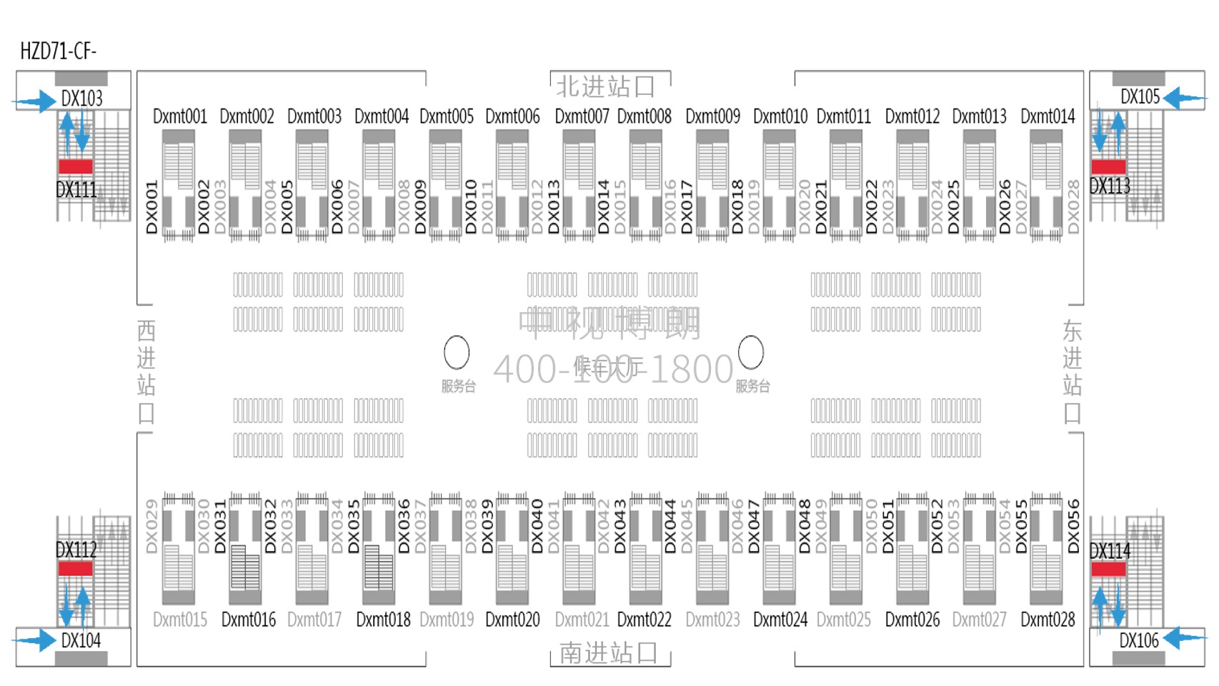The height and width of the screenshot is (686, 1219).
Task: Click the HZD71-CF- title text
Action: tap(58, 51)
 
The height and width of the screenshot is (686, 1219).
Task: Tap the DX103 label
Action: tap(81, 99)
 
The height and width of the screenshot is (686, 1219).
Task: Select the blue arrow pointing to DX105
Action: tap(1183, 97)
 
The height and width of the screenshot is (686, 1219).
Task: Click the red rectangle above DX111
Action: tap(75, 166)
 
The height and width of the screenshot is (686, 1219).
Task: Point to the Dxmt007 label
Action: tap(582, 116)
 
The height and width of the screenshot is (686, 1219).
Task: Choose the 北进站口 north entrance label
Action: tap(606, 86)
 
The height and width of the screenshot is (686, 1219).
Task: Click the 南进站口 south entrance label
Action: tap(608, 653)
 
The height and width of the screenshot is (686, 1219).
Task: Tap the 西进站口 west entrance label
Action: tap(146, 372)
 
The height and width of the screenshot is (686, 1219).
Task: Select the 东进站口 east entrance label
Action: tap(1072, 372)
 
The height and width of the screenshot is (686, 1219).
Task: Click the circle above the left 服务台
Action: tap(457, 352)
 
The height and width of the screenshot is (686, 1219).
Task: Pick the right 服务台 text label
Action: tap(753, 387)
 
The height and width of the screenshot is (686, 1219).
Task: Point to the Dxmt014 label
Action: tap(1048, 116)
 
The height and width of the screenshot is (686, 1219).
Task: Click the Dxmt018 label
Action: tap(383, 620)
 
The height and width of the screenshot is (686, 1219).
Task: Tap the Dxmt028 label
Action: tap(1048, 620)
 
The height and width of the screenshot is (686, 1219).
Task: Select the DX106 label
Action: tap(1139, 640)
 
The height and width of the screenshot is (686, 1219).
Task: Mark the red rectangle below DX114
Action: tap(1108, 569)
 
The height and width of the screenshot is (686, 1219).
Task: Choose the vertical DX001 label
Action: tap(151, 207)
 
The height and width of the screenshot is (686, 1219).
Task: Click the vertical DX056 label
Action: tap(1073, 526)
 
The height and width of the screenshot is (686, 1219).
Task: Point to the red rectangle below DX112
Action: tap(75, 568)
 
